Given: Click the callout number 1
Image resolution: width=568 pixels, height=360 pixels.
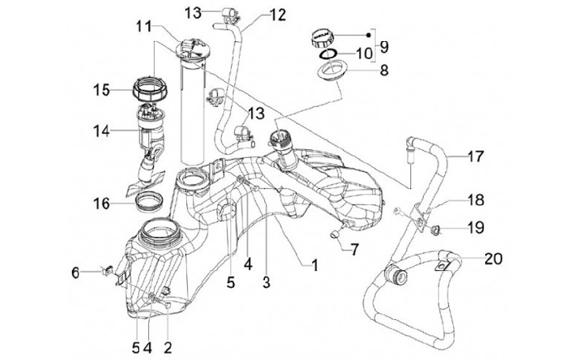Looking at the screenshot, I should [314, 266].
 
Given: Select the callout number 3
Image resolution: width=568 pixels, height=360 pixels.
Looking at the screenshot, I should [267, 281].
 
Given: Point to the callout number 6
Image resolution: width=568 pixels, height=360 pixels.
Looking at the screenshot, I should [77, 272].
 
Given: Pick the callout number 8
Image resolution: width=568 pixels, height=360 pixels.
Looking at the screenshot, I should [385, 69].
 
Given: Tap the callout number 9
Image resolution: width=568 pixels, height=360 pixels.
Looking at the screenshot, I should [384, 46].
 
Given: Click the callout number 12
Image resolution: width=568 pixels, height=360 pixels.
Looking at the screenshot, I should [256, 14].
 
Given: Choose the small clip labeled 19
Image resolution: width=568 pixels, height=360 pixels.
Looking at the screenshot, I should [435, 230].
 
